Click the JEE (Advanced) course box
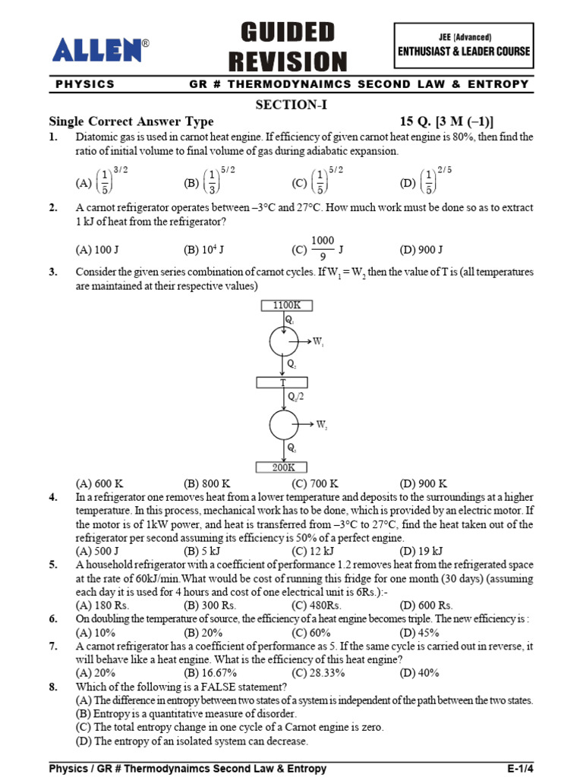[465, 46]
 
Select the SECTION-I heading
[291, 105]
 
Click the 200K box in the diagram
[283, 467]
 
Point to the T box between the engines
[283, 382]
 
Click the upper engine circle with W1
[284, 342]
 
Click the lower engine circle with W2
[284, 424]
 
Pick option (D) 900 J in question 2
[421, 250]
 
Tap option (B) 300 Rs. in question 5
[208, 606]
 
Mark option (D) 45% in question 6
[420, 633]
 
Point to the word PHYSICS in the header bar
[85, 84]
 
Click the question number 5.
[53, 565]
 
